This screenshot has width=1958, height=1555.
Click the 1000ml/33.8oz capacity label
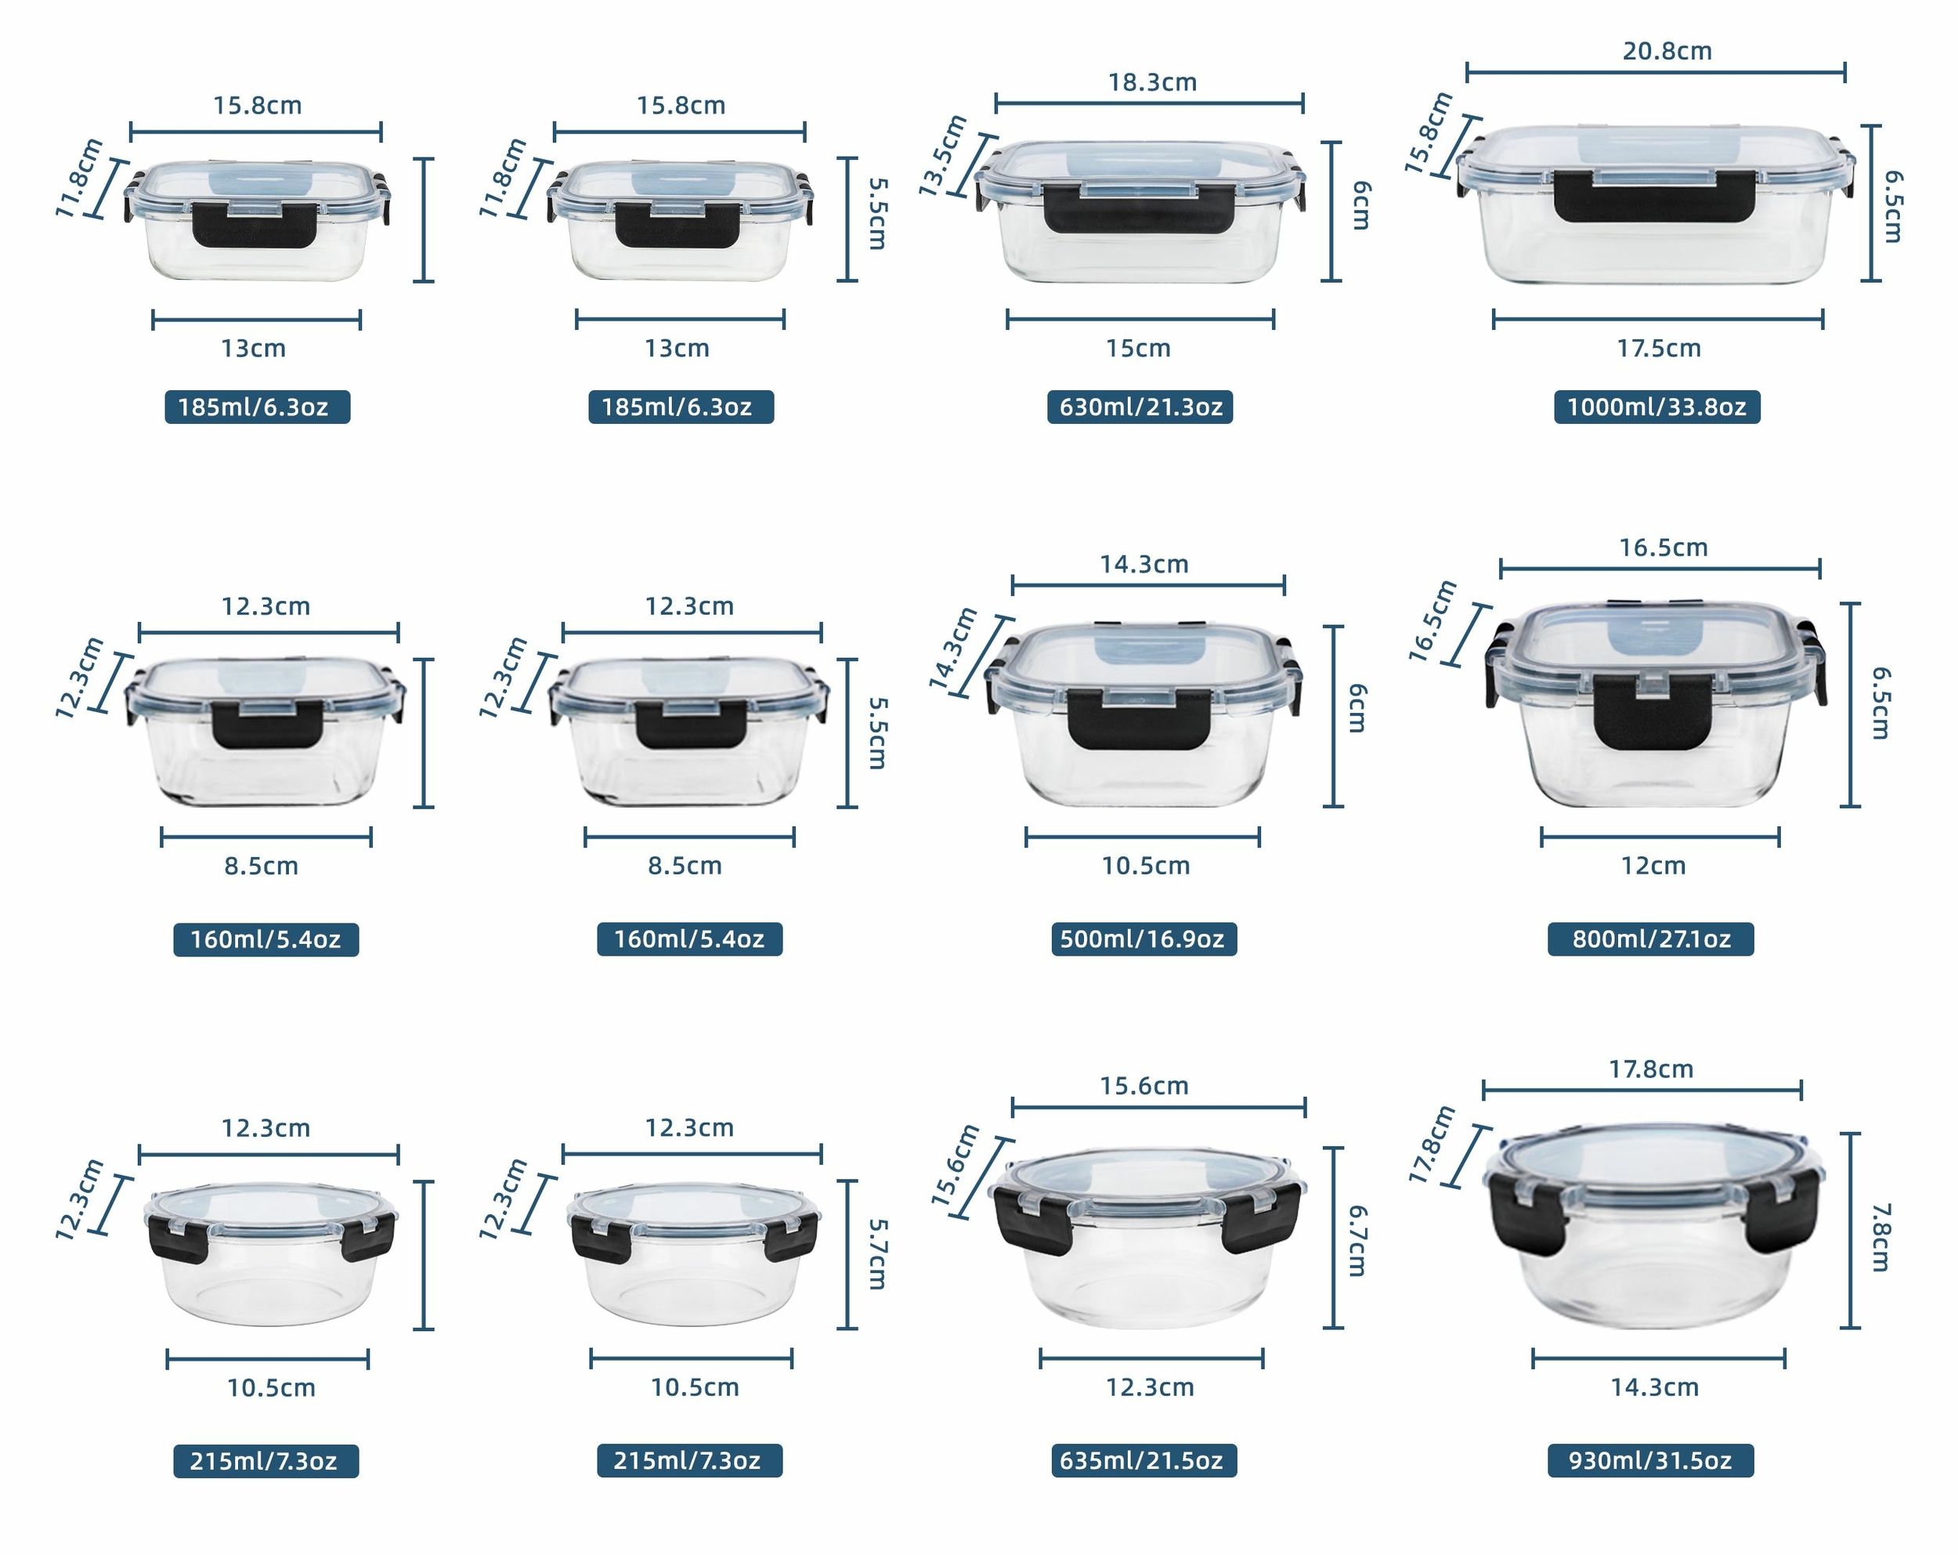coord(1656,407)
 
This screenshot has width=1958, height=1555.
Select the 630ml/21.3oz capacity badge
coord(1140,407)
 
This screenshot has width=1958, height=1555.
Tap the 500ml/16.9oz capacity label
coord(1143,939)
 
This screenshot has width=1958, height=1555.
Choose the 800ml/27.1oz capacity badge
coord(1650,939)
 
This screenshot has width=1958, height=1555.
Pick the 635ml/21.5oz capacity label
coord(1143,1460)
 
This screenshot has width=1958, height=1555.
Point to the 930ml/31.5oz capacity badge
coord(1650,1460)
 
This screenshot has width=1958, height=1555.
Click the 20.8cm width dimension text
coord(1667,51)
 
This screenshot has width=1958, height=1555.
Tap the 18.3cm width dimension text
coord(1151,83)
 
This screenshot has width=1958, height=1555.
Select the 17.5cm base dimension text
coord(1658,348)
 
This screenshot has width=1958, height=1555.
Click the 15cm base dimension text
coord(1138,348)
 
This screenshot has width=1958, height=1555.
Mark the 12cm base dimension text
coord(1653,866)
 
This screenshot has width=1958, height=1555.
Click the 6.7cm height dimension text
coord(1357,1241)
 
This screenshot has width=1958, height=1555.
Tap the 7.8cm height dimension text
coord(1880,1237)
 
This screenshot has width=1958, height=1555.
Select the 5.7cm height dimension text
coord(876,1254)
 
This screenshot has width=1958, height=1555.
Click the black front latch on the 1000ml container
coord(1654,196)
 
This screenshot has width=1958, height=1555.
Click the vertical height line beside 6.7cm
coord(1333,1238)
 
